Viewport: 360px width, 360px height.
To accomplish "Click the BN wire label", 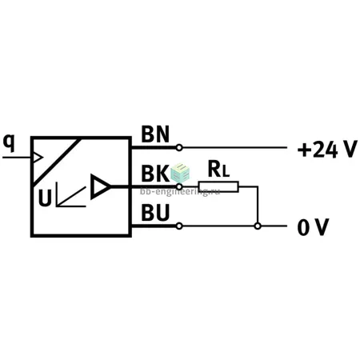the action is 155,134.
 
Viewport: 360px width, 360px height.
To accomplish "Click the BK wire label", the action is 155,174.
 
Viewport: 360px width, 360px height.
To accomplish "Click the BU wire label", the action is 155,212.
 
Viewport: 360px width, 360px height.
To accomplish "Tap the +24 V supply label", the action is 327,150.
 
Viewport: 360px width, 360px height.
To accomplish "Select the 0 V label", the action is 313,227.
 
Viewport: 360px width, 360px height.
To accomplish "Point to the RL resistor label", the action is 218,169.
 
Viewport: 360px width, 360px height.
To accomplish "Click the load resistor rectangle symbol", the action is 218,186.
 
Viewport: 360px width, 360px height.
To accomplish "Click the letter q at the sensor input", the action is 9,143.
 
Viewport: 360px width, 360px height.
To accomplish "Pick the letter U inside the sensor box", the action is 45,198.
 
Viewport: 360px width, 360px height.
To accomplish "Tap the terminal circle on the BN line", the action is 179,147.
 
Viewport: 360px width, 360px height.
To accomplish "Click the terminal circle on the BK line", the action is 179,186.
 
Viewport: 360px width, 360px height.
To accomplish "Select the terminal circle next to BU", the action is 179,226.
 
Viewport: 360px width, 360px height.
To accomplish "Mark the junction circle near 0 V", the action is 258,226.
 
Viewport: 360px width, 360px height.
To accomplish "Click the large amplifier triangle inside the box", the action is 100,186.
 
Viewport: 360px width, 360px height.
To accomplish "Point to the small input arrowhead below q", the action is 38,158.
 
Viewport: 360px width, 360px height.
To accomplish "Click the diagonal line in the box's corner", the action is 56,162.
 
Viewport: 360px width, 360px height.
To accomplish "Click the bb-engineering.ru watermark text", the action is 180,191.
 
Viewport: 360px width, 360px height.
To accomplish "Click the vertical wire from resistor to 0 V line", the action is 258,205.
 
